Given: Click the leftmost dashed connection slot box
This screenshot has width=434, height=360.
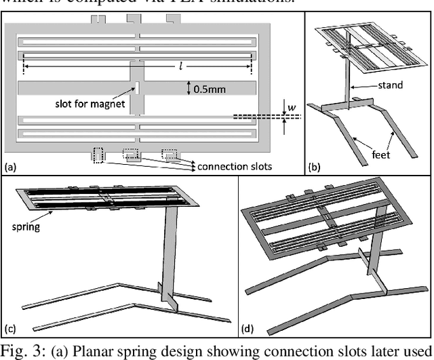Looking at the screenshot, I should coord(98,155).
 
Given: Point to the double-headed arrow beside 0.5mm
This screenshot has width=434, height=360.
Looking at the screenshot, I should coord(188,88).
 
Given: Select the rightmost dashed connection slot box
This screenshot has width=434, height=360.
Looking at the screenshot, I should coord(168,153).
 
